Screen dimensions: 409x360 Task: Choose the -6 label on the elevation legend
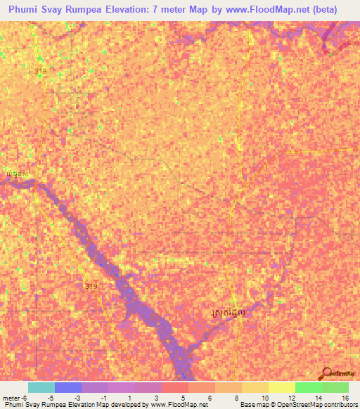pos(25,398)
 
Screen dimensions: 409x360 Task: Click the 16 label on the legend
pos(345,398)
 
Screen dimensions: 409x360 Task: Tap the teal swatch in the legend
pos(41,387)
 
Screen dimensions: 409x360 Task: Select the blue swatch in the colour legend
pos(67,387)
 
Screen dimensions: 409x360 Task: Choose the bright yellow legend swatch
pos(281,387)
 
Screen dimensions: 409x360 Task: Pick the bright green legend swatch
pos(308,387)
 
